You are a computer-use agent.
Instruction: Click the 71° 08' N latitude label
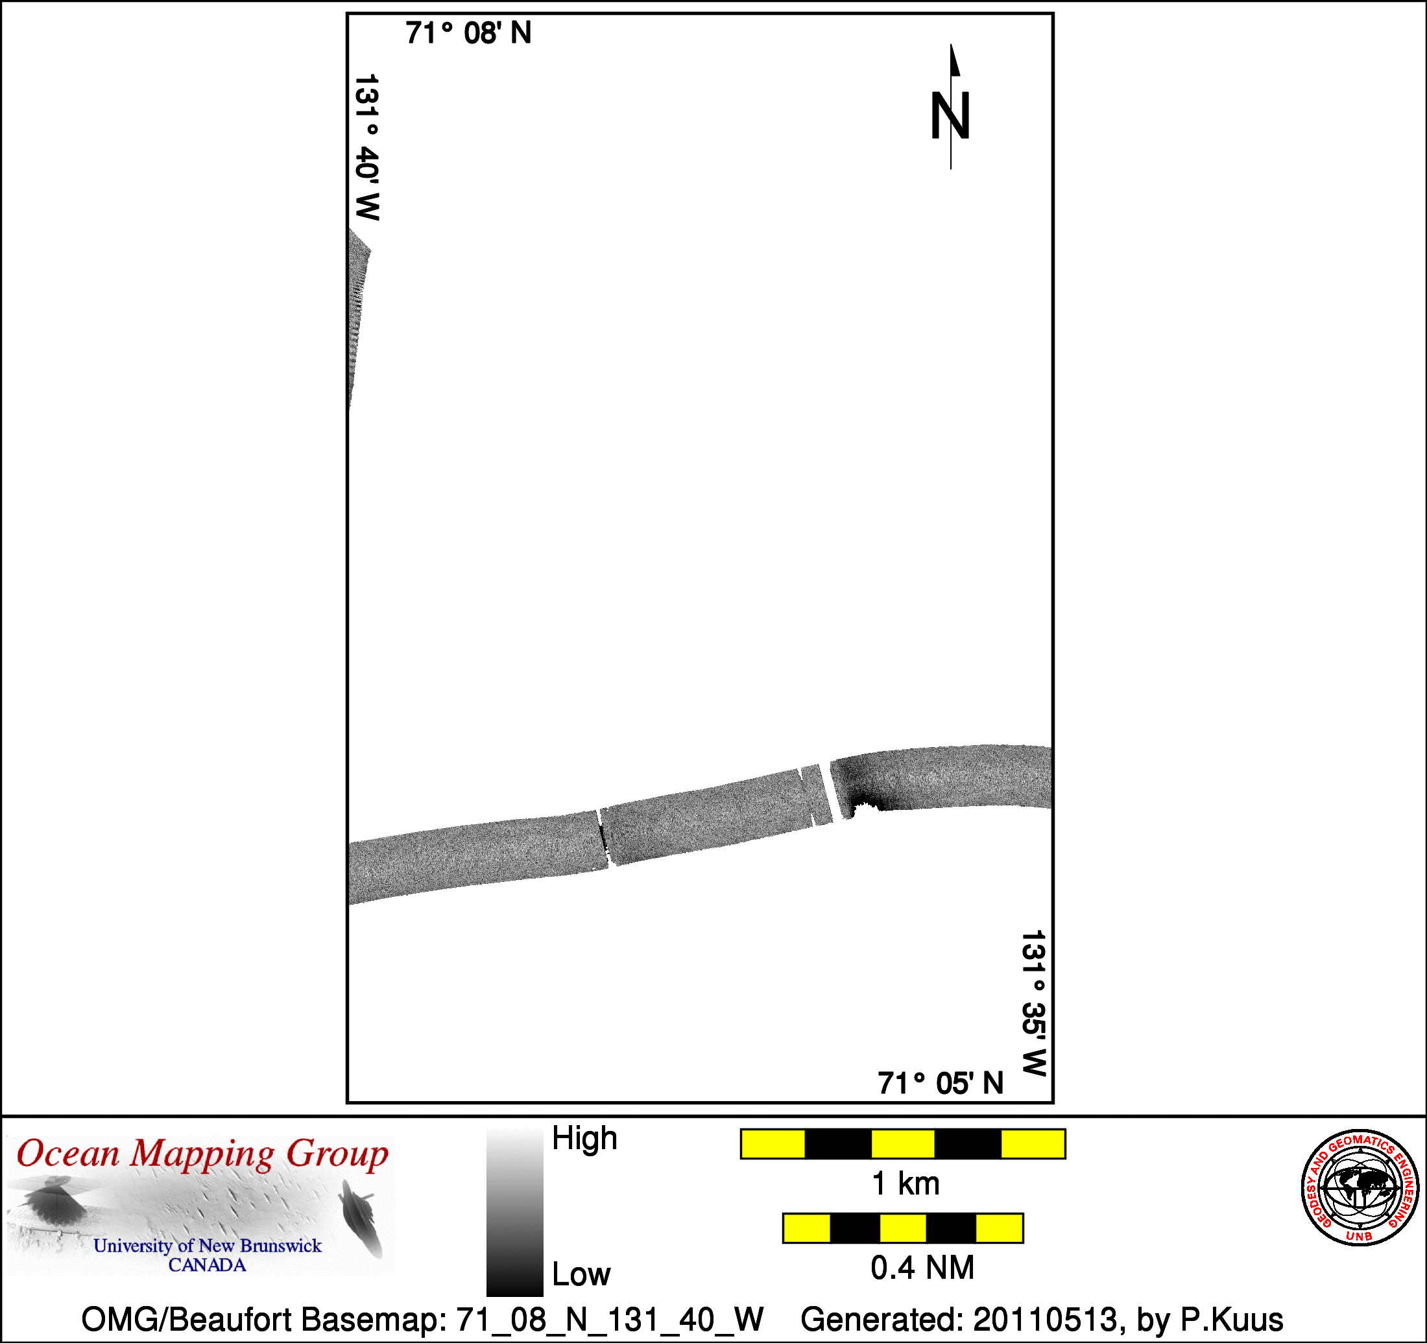pyautogui.click(x=468, y=33)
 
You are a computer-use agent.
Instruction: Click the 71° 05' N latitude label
pyautogui.click(x=941, y=1083)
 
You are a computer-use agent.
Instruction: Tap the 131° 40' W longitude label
pyautogui.click(x=366, y=147)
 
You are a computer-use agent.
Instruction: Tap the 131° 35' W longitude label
pyautogui.click(x=1034, y=1003)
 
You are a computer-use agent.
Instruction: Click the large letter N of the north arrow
pyautogui.click(x=950, y=115)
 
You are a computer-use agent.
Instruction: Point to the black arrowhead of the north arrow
pyautogui.click(x=955, y=60)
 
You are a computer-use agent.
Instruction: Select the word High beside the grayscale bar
pyautogui.click(x=584, y=1139)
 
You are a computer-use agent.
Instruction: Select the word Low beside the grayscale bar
pyautogui.click(x=581, y=1274)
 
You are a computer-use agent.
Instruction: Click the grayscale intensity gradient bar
pyautogui.click(x=514, y=1211)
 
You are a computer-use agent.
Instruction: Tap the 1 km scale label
pyautogui.click(x=905, y=1183)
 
